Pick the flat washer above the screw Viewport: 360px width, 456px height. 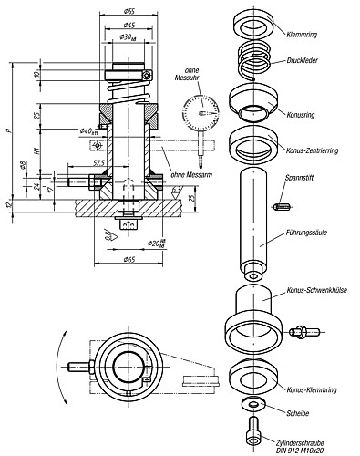pyautogui.click(x=252, y=403)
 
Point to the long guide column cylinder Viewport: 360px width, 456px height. pyautogui.click(x=252, y=219)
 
